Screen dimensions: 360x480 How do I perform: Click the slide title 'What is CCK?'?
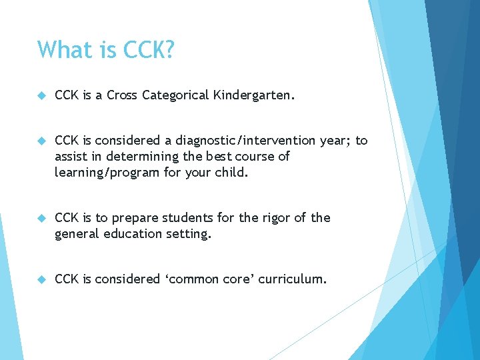click(106, 50)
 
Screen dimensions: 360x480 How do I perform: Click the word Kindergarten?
click(253, 95)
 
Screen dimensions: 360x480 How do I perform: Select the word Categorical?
click(176, 95)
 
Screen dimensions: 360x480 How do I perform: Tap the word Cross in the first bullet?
click(121, 95)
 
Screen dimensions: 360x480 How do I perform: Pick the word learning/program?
click(104, 173)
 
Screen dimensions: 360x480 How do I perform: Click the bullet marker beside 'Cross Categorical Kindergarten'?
click(41, 96)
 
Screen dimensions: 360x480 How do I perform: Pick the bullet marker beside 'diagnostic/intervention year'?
click(41, 141)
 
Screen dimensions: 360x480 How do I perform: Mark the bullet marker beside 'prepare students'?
click(41, 219)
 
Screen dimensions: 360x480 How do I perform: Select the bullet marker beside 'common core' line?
click(41, 280)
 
